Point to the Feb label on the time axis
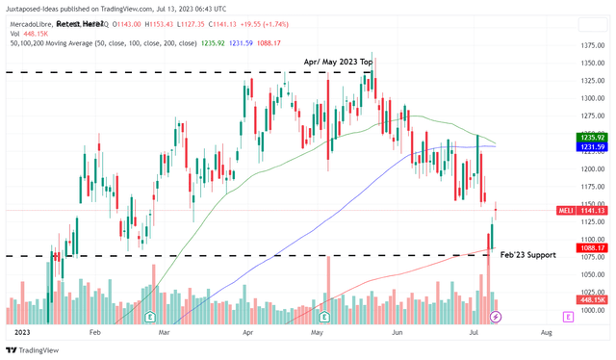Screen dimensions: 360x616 pyautogui.click(x=94, y=330)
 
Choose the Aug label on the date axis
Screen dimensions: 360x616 pyautogui.click(x=546, y=330)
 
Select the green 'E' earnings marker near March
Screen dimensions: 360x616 pyautogui.click(x=149, y=316)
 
